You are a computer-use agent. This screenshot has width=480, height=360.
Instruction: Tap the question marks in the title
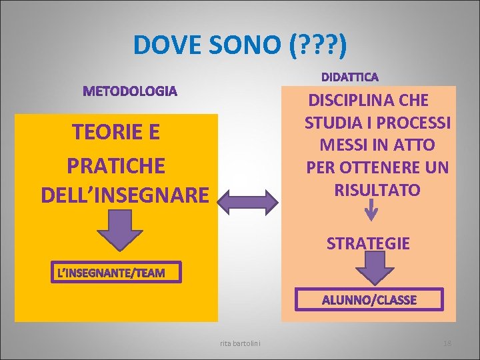[x=315, y=45]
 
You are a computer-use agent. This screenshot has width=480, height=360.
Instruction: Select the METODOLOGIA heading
[x=130, y=91]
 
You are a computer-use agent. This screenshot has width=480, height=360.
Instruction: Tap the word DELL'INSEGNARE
[x=124, y=195]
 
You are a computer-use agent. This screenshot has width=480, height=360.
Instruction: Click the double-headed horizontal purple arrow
[x=249, y=201]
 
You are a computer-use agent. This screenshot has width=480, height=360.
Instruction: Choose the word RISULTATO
[x=377, y=190]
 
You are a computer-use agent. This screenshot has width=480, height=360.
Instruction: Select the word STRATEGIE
[x=368, y=244]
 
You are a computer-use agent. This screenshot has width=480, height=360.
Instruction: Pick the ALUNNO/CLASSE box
[x=369, y=300]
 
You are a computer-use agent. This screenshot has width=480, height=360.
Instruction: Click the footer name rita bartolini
[x=240, y=343]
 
